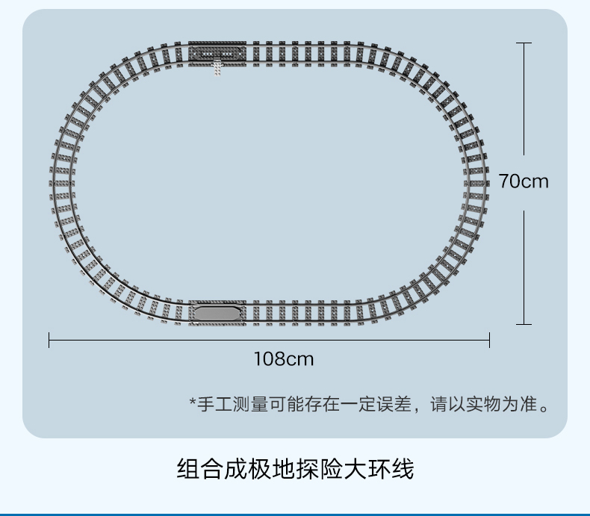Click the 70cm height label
[x=524, y=181]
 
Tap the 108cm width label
[x=284, y=359]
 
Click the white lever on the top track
[x=217, y=66]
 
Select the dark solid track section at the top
[x=217, y=52]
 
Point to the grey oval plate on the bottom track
[x=217, y=314]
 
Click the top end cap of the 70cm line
[x=524, y=43]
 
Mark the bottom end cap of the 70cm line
[x=524, y=324]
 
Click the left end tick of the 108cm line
[x=49, y=341]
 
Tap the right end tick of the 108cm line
[x=489, y=341]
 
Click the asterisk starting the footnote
[x=192, y=403]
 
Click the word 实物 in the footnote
[x=485, y=405]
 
